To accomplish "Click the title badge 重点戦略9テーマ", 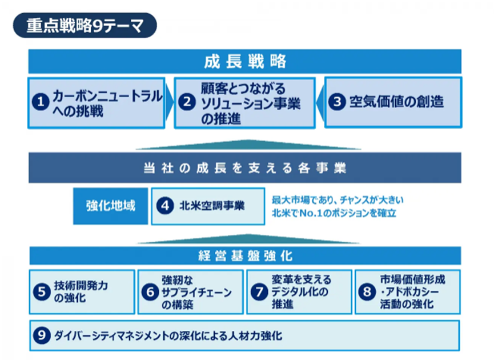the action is [84, 25].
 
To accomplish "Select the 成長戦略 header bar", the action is [245, 61].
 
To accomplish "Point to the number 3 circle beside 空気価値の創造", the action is [339, 102].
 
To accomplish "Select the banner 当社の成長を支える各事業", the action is [245, 169].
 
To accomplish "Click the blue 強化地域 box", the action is [111, 206].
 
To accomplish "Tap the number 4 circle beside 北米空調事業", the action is [166, 206].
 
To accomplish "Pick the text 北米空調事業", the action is [212, 206].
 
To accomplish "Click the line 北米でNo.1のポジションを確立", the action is [335, 214].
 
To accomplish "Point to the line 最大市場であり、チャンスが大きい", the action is [338, 200].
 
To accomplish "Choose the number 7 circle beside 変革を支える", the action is [259, 292].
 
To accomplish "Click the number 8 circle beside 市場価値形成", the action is [367, 292].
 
